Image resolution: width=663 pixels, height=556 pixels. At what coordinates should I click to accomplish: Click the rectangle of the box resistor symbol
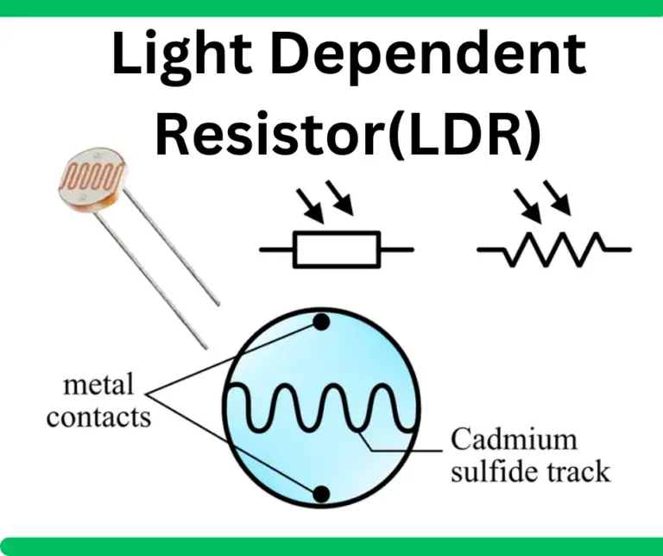(x=336, y=250)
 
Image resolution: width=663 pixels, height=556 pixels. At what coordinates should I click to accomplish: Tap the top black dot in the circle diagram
(x=322, y=322)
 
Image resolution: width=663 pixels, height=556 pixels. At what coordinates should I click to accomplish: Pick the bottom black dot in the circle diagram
(x=322, y=494)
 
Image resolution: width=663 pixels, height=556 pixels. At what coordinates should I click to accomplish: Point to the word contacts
(x=98, y=418)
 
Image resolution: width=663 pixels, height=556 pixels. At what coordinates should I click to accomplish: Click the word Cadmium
(x=514, y=439)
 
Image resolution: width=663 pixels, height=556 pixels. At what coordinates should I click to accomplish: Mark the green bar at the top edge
(x=331, y=8)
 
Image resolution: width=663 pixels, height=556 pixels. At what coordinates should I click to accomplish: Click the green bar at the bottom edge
(x=331, y=547)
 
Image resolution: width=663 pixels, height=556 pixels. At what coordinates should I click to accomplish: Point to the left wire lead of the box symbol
(x=276, y=250)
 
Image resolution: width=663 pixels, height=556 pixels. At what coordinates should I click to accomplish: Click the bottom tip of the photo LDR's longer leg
(x=206, y=347)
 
